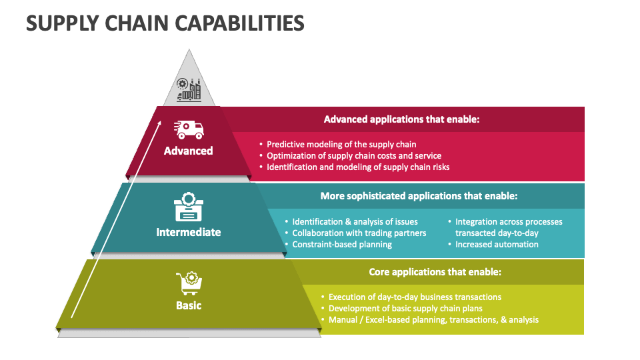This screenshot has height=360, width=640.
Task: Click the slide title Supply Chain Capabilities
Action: [x=165, y=23]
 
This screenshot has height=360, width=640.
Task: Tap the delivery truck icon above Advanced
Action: [x=189, y=129]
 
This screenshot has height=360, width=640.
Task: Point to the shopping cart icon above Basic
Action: [x=188, y=283]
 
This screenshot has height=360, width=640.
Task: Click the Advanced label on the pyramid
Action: [x=189, y=151]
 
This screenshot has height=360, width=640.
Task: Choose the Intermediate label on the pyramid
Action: [x=189, y=232]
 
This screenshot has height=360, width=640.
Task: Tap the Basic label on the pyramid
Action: [x=189, y=305]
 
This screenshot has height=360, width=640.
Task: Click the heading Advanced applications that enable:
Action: [x=402, y=119]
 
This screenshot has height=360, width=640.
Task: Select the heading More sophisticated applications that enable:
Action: [x=419, y=196]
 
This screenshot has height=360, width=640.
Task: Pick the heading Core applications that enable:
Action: [x=435, y=272]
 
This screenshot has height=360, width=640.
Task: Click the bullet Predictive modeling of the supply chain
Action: [x=341, y=144]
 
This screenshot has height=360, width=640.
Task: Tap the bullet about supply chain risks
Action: [x=358, y=167]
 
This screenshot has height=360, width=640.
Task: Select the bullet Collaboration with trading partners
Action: [x=359, y=233]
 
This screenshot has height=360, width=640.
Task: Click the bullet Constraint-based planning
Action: [x=342, y=245]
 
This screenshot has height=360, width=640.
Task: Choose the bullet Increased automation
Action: [x=497, y=245]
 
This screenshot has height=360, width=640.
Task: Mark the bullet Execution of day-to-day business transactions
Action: [x=415, y=297]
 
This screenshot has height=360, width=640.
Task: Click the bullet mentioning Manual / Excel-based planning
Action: [x=433, y=320]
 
